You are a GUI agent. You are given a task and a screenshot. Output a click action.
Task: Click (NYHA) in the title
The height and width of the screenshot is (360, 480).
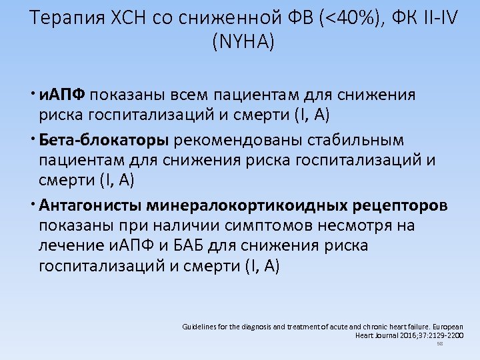(x=243, y=43)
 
